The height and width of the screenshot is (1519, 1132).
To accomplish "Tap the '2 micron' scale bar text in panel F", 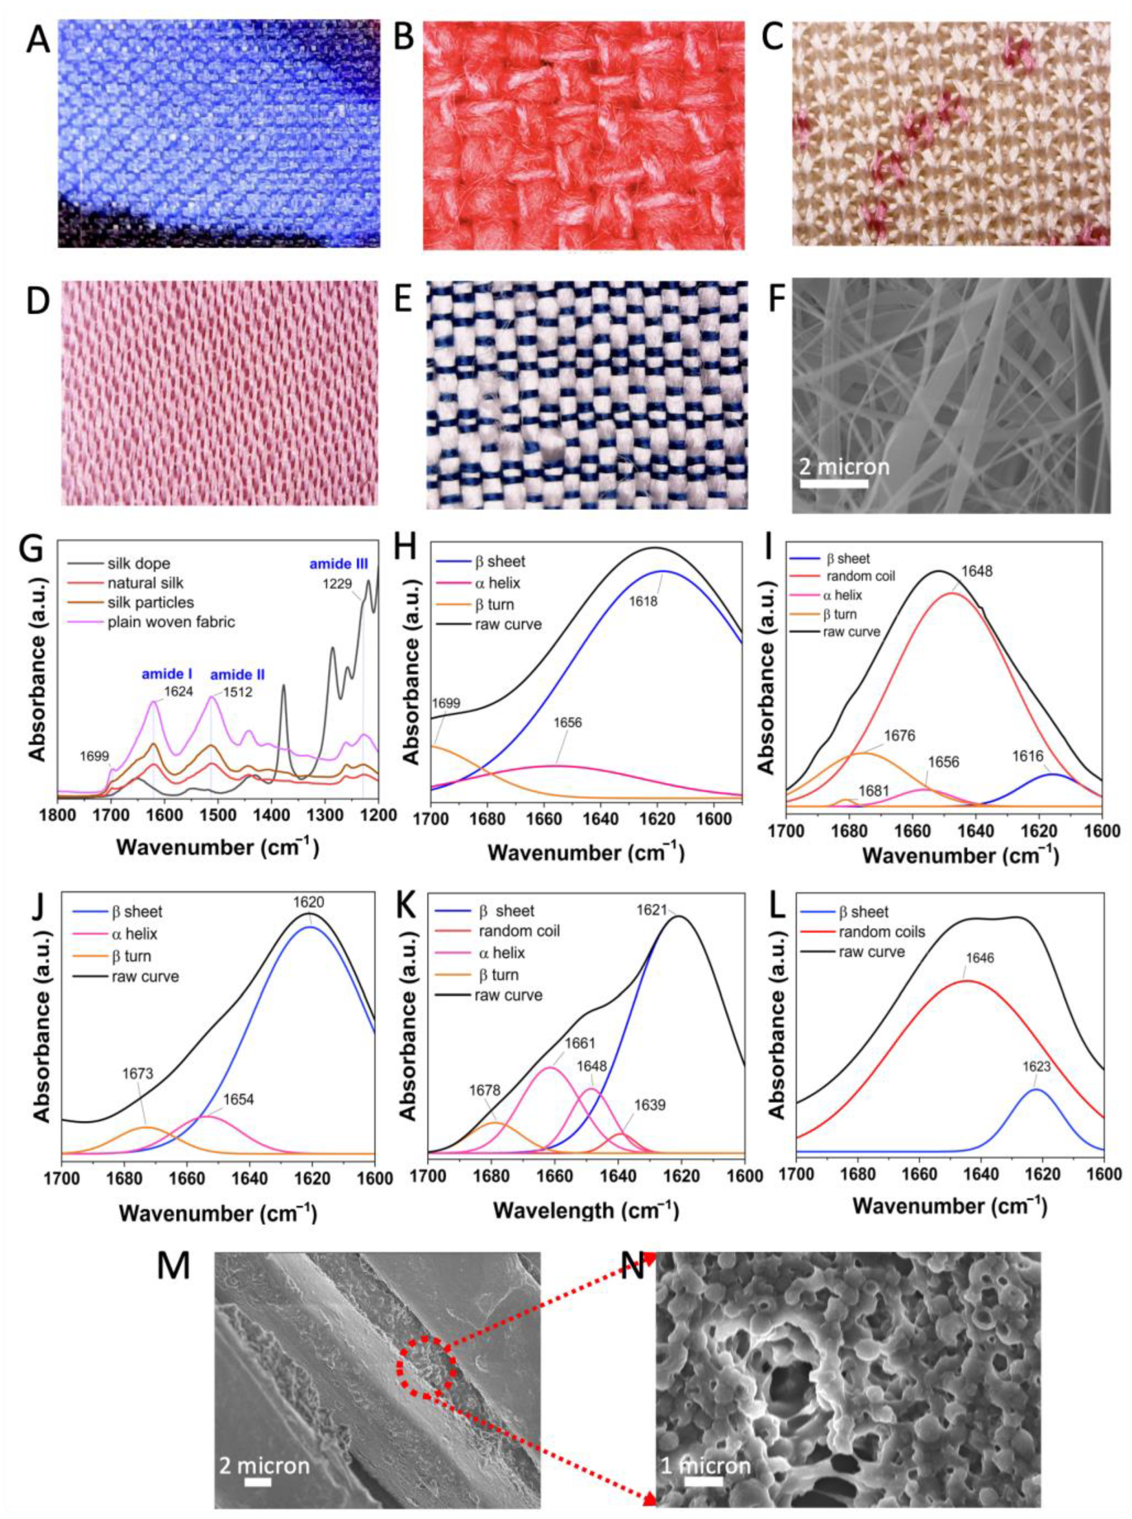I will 844,467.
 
